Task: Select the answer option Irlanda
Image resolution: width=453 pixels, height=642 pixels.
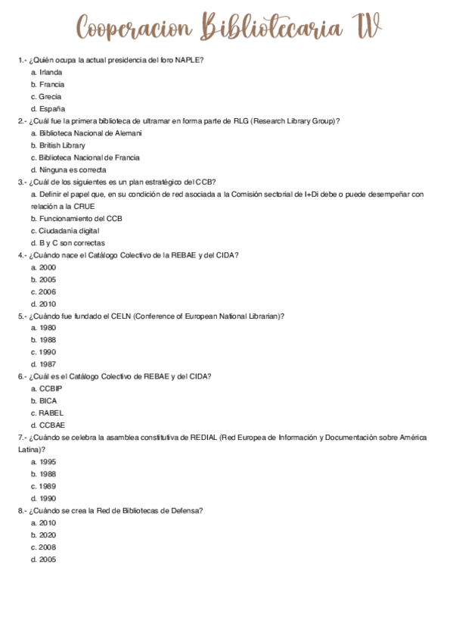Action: (51, 72)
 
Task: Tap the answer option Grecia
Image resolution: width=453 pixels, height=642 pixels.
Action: (51, 96)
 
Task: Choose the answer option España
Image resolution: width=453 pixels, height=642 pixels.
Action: (52, 108)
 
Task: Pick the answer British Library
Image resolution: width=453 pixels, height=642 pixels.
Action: (62, 145)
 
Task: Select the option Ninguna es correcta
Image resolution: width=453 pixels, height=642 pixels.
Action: (73, 170)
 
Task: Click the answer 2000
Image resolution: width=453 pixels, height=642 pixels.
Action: (48, 267)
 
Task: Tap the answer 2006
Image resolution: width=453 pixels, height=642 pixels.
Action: (48, 291)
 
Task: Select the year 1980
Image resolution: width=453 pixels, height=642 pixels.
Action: (48, 328)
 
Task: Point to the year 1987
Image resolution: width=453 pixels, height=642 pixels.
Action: (48, 364)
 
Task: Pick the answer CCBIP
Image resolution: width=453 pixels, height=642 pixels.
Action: (51, 388)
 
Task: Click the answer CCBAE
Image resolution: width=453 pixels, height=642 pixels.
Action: (52, 425)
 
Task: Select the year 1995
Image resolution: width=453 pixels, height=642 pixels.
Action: (48, 462)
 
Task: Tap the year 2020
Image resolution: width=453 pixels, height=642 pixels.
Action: (48, 534)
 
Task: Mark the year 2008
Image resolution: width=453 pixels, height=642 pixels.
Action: (48, 547)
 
